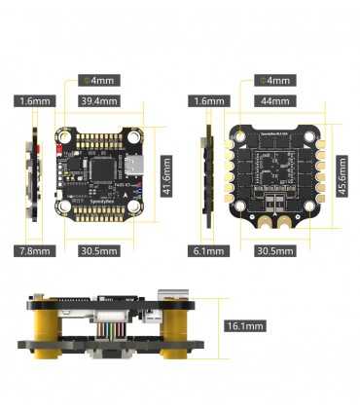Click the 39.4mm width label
click(x=99, y=100)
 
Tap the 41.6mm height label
click(x=166, y=176)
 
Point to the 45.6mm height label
click(x=341, y=176)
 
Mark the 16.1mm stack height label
click(x=243, y=327)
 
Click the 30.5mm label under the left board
click(x=99, y=252)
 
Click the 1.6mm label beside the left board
click(x=33, y=100)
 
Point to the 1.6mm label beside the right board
click(x=209, y=100)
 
